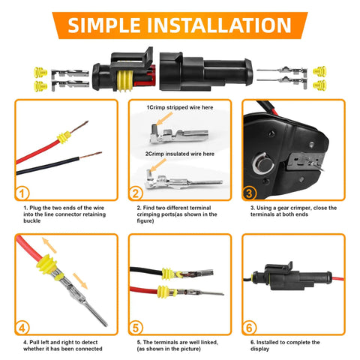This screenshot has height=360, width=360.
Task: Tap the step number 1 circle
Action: (22, 193)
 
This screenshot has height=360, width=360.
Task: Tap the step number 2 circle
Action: (136, 193)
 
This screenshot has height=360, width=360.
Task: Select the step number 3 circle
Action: (250, 193)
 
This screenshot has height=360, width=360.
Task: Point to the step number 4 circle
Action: (22, 327)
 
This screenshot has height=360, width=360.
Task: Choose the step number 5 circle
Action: (136, 327)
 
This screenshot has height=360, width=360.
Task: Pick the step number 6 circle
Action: (250, 327)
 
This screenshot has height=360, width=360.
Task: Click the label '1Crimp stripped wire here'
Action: (180, 108)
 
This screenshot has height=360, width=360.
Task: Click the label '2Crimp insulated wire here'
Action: (180, 154)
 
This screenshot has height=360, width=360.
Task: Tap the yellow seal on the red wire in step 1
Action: (63, 138)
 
